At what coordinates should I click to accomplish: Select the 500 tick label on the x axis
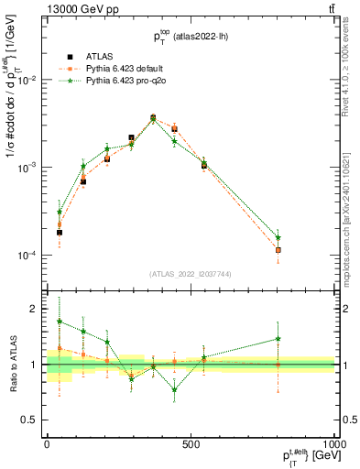(191, 444)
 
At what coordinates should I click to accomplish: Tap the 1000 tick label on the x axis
(333, 444)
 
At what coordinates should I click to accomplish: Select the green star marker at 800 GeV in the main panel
(277, 237)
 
